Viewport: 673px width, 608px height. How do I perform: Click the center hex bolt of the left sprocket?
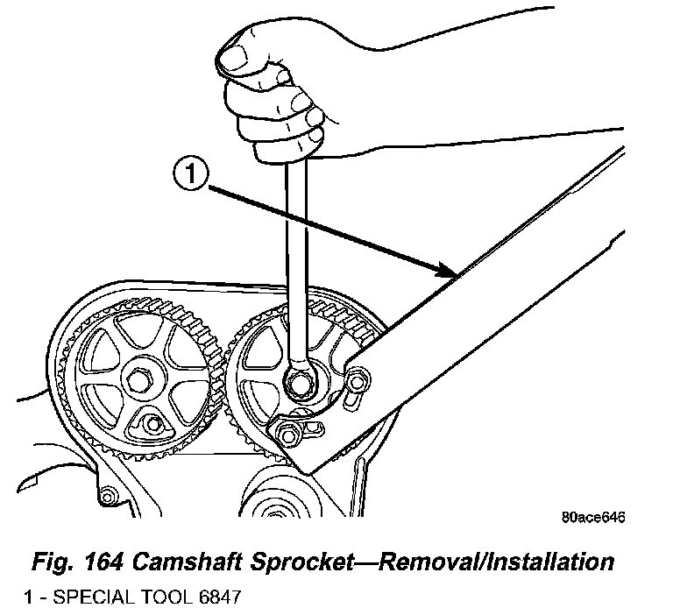click(139, 383)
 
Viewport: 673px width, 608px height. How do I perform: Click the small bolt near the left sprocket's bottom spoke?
click(154, 426)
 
